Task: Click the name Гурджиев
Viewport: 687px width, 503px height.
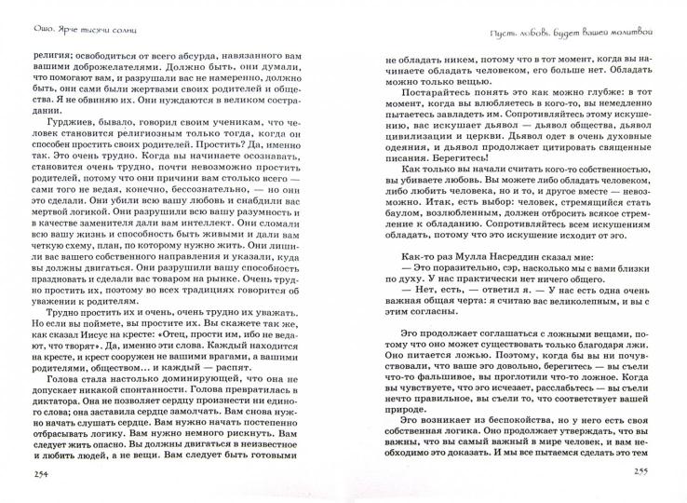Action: tap(82, 151)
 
